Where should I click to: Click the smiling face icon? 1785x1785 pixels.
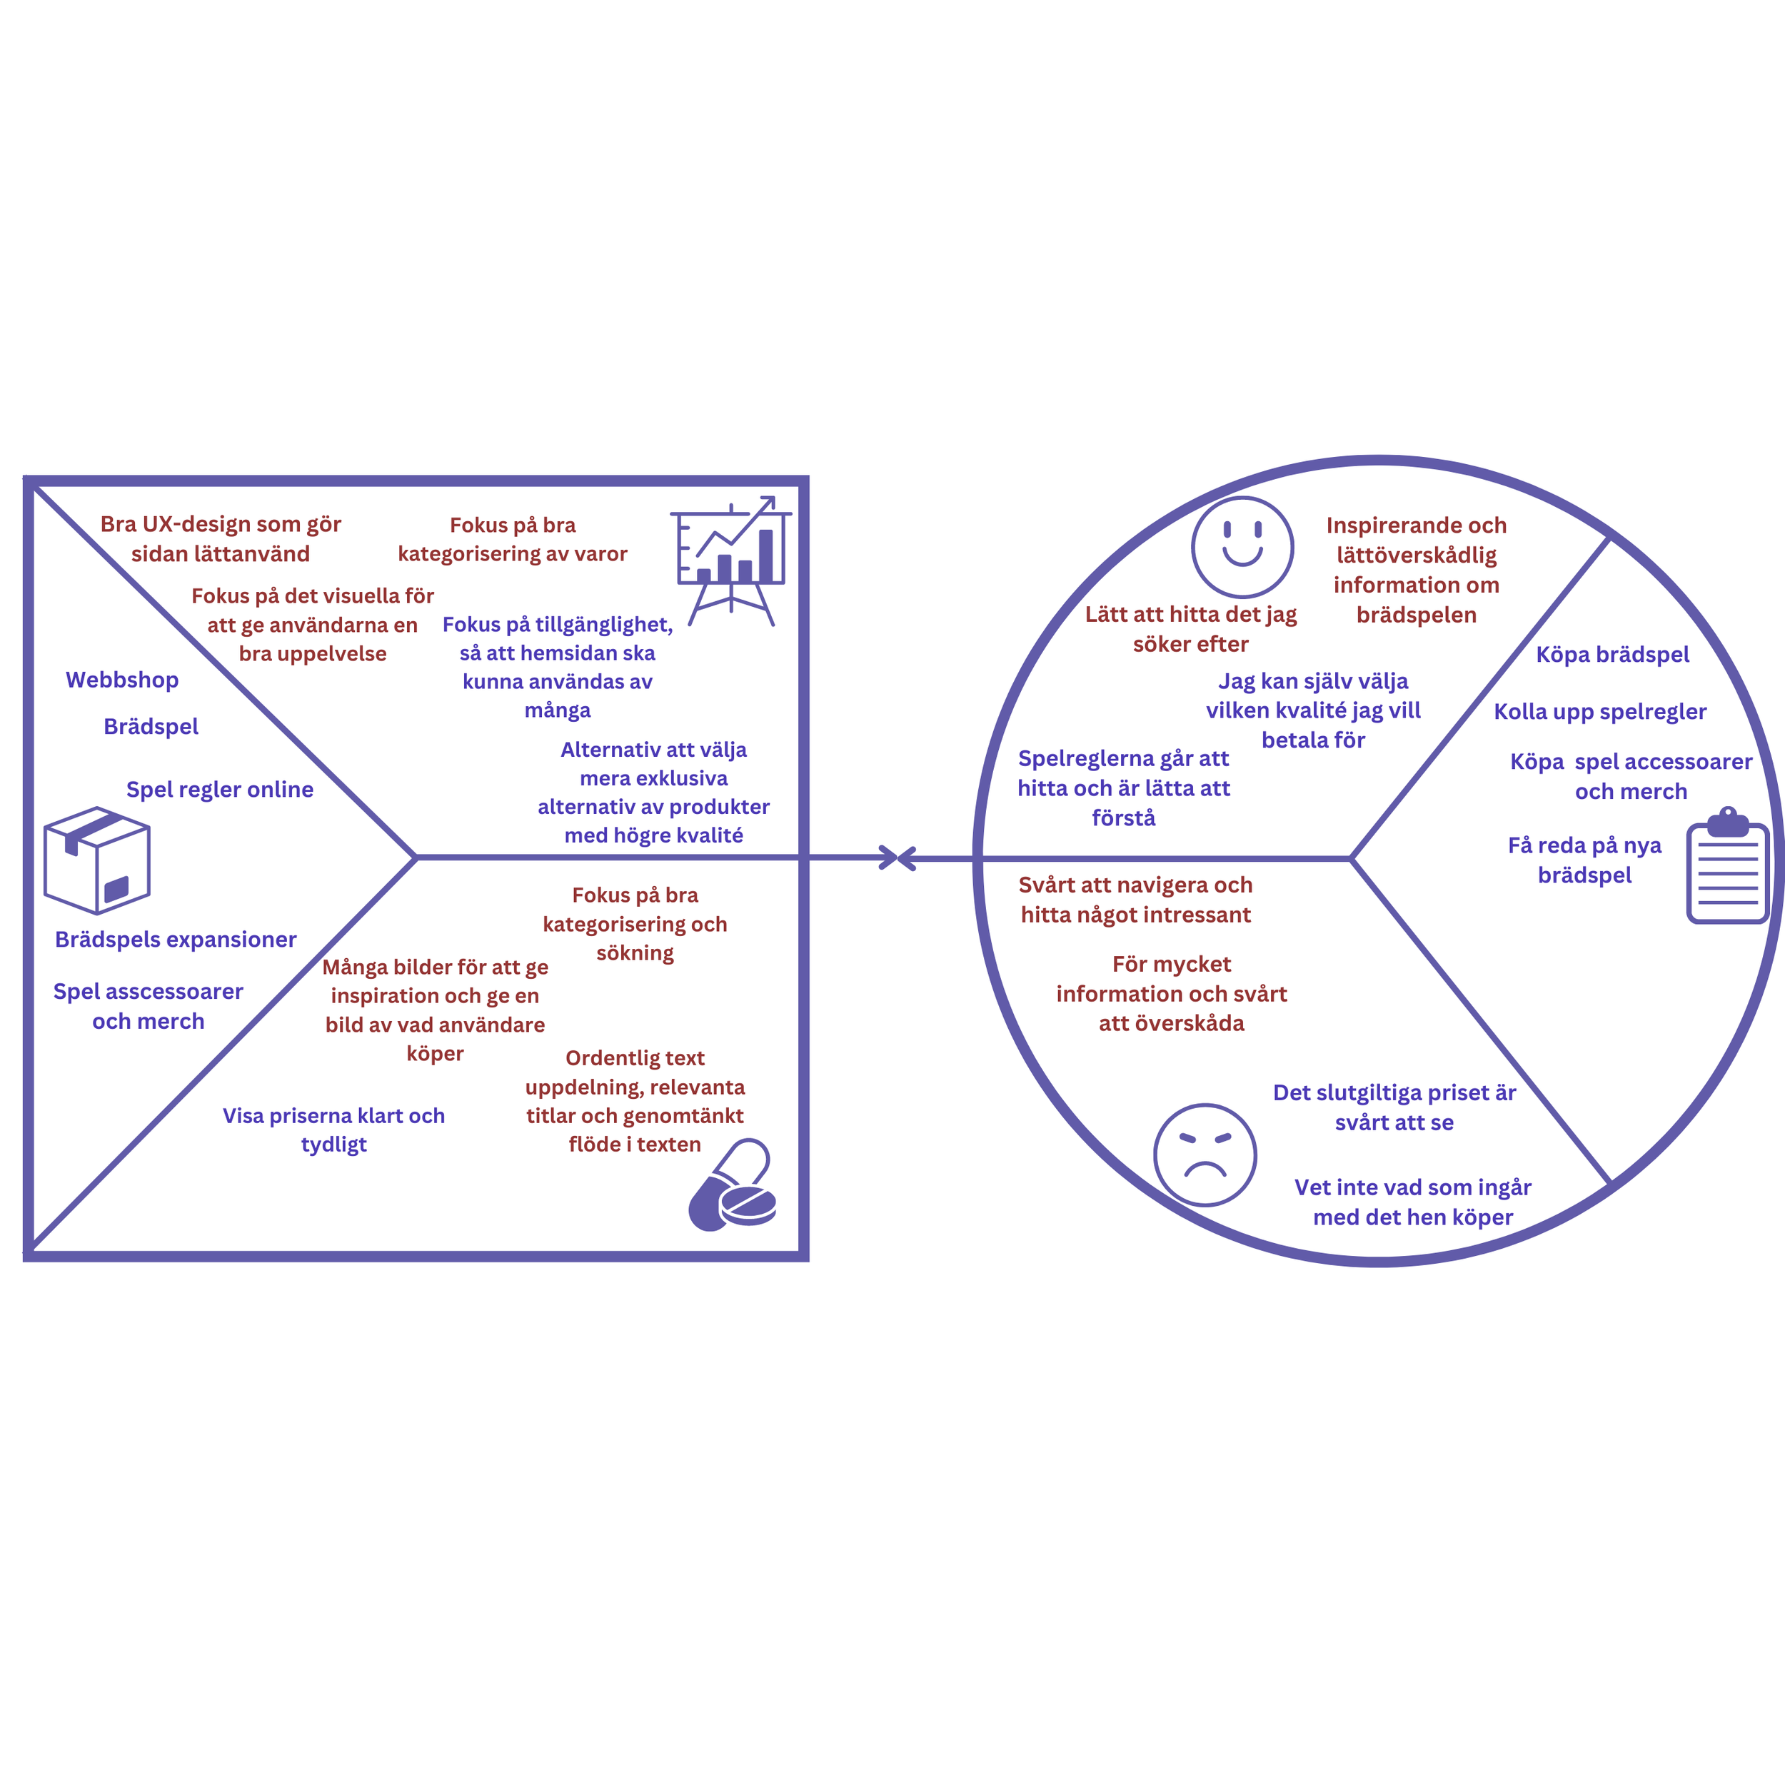click(x=1242, y=547)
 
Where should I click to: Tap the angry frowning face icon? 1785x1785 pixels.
click(x=1205, y=1154)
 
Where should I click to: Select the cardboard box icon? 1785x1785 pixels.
click(x=97, y=860)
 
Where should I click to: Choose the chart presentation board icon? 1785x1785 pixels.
click(x=731, y=560)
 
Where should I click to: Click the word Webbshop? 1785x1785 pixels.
click(x=122, y=680)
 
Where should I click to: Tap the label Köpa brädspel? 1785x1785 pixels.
click(x=1612, y=654)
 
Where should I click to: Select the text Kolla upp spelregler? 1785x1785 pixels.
click(x=1600, y=711)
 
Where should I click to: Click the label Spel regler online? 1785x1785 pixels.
click(x=220, y=789)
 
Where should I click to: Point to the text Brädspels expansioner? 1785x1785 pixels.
click(x=176, y=939)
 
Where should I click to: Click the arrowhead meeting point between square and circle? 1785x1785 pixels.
click(x=897, y=858)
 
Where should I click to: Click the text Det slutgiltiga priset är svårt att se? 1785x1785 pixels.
click(x=1394, y=1107)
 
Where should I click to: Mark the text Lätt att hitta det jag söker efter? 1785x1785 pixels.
click(x=1191, y=628)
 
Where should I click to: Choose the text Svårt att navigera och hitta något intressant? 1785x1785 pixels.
click(x=1135, y=899)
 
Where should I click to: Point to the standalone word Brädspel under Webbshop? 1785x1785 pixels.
click(x=151, y=726)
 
